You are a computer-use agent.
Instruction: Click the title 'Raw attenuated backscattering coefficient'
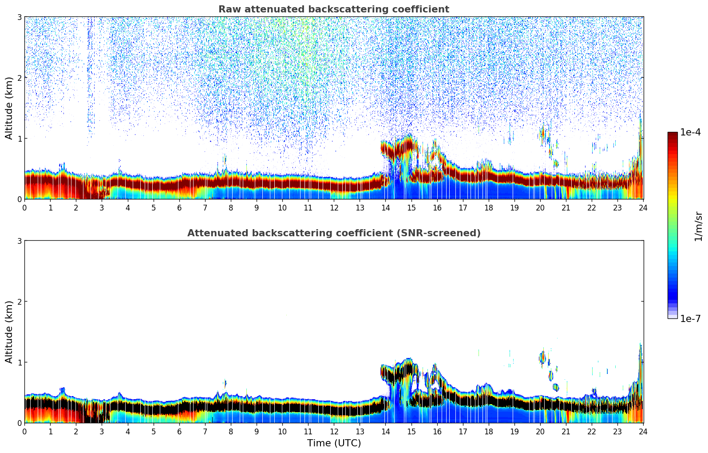pos(333,9)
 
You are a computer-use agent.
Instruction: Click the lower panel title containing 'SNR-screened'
pos(333,233)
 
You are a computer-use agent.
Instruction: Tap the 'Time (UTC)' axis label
pos(334,443)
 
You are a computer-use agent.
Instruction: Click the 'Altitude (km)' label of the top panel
pos(9,108)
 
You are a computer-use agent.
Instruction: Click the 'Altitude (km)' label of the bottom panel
pos(9,332)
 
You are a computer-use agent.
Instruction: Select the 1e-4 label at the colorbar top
pos(690,132)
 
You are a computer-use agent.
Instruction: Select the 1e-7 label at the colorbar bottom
pos(690,319)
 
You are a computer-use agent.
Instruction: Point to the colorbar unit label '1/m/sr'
pos(698,226)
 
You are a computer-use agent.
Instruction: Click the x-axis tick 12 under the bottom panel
pos(334,432)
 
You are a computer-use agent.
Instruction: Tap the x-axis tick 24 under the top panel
pos(643,208)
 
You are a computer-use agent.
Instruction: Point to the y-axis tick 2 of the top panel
pos(19,78)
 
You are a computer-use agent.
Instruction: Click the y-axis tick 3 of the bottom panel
pos(19,241)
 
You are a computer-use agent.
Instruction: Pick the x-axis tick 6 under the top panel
pos(179,208)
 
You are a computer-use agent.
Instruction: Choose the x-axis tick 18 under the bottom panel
pos(489,432)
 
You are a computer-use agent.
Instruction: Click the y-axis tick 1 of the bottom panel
pos(19,362)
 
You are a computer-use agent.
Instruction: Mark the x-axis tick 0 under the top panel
pos(24,208)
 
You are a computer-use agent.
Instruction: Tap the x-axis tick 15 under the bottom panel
pos(411,432)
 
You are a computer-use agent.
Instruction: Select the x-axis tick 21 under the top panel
pos(566,208)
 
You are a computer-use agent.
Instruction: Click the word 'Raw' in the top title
pos(227,9)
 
